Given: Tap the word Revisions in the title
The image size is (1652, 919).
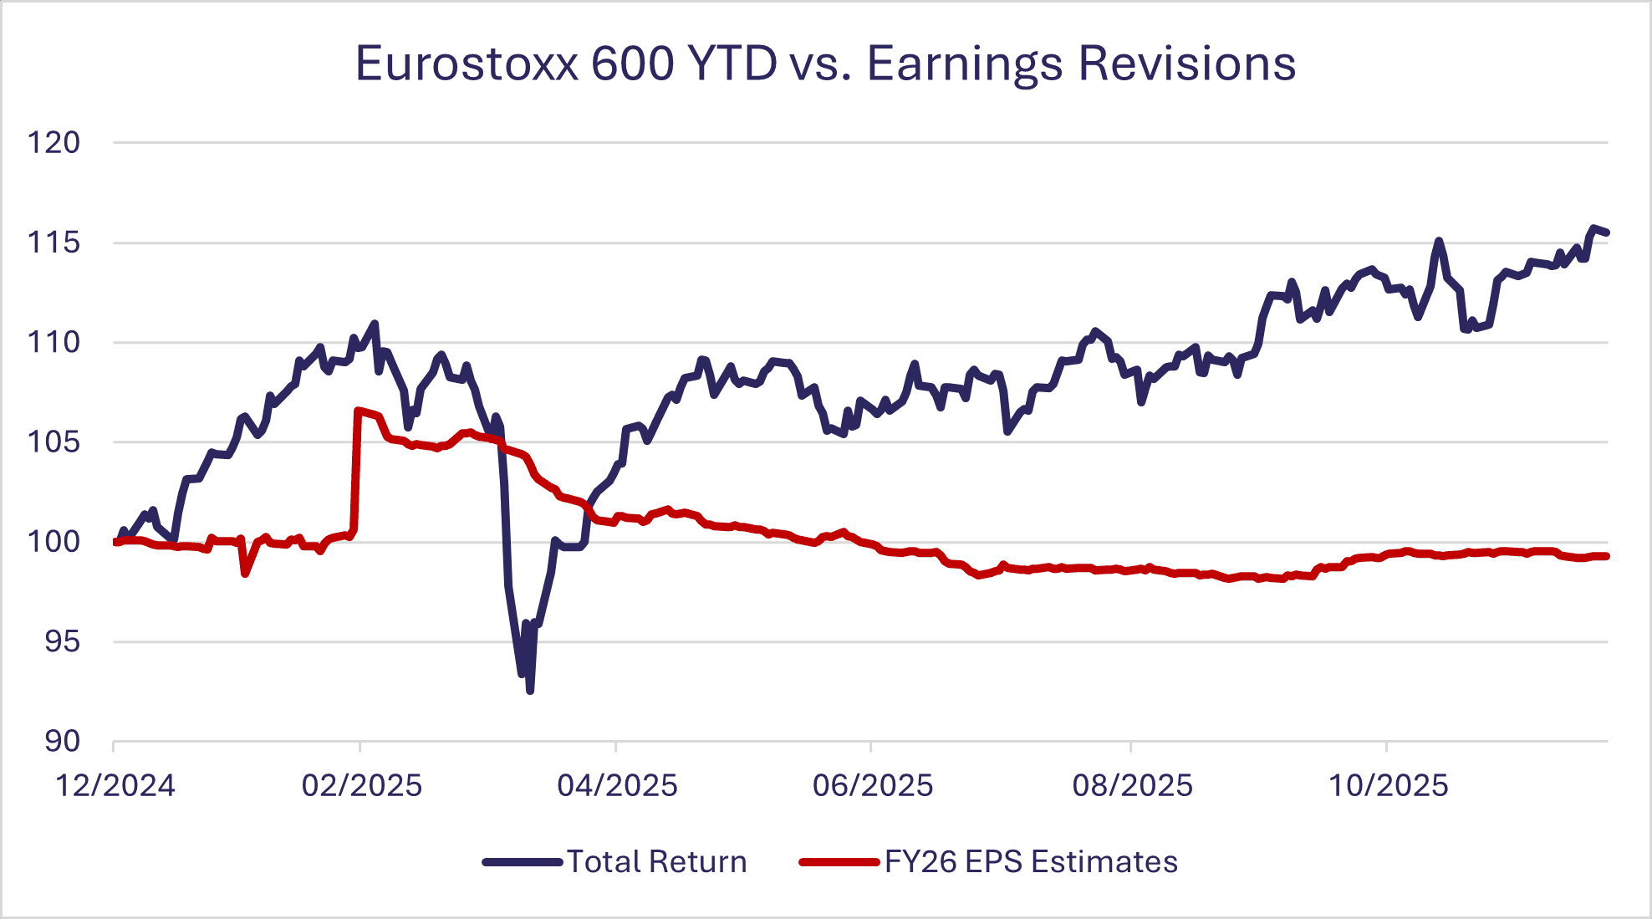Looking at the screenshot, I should (x=1186, y=64).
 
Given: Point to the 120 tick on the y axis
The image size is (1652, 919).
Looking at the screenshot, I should (x=54, y=143).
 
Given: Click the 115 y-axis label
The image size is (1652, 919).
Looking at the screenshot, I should (x=54, y=243).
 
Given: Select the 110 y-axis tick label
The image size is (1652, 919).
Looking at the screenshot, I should (x=54, y=342).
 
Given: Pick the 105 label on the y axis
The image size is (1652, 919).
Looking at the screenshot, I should (x=54, y=442).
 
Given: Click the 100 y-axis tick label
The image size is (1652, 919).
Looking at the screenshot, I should (x=54, y=542).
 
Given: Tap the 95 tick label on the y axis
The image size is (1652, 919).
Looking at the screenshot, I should (x=62, y=641).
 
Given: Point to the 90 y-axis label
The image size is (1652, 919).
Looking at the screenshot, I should (x=62, y=741).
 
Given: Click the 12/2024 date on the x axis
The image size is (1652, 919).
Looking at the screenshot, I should (x=115, y=786).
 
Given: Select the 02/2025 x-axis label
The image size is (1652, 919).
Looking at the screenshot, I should (x=362, y=786).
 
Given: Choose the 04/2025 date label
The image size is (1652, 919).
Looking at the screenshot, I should (x=617, y=786).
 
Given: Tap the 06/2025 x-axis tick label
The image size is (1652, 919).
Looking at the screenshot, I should (x=873, y=786).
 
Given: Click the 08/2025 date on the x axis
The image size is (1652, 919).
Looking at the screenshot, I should (x=1132, y=786).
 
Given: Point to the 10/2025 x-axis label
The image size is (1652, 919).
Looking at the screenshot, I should (x=1388, y=786).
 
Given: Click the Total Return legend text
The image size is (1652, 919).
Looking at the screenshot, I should (x=657, y=862).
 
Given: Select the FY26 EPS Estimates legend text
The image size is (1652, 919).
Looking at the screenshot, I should (x=1031, y=862).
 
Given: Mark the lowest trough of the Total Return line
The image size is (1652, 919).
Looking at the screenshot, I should (x=530, y=691).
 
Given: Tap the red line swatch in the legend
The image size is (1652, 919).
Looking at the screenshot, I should (x=839, y=862).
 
